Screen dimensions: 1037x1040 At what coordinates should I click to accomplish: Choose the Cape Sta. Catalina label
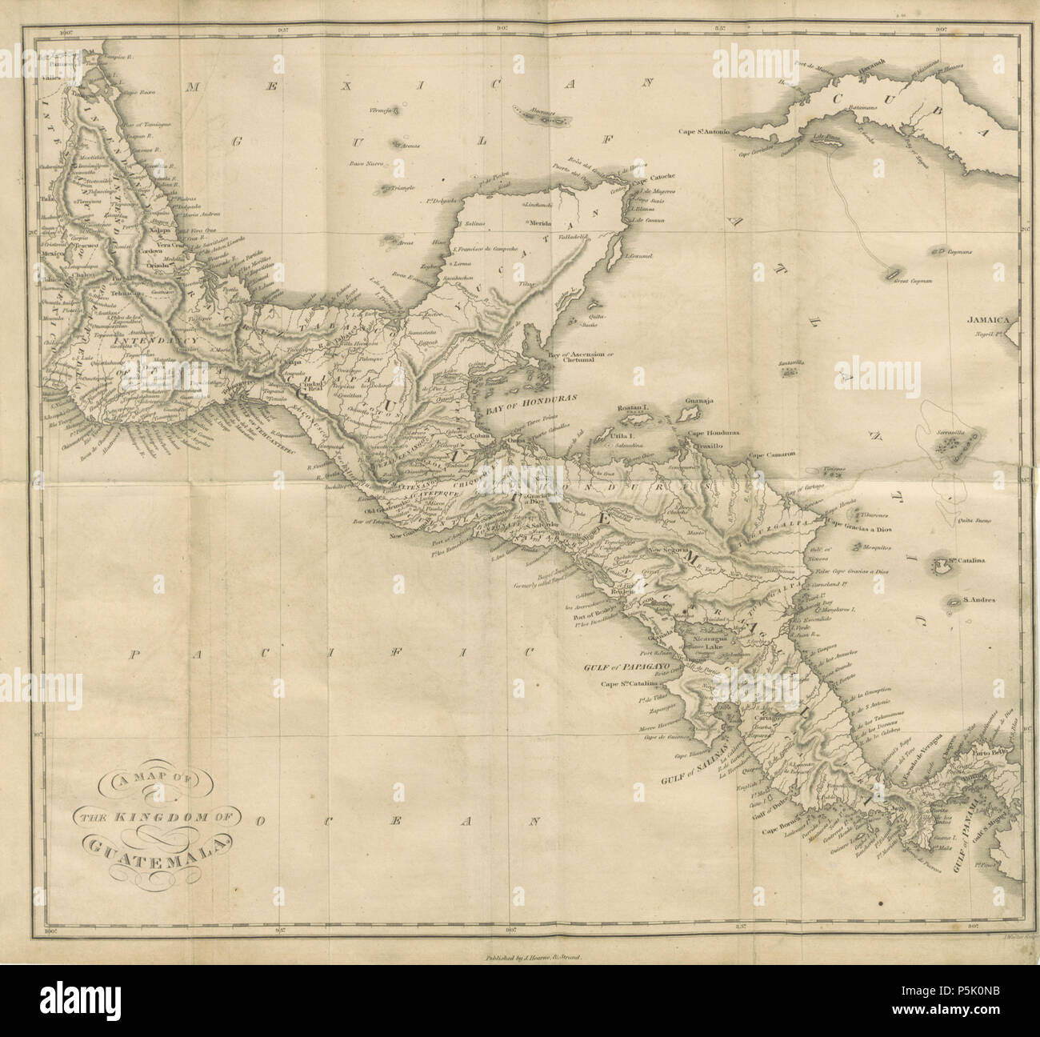(628, 683)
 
